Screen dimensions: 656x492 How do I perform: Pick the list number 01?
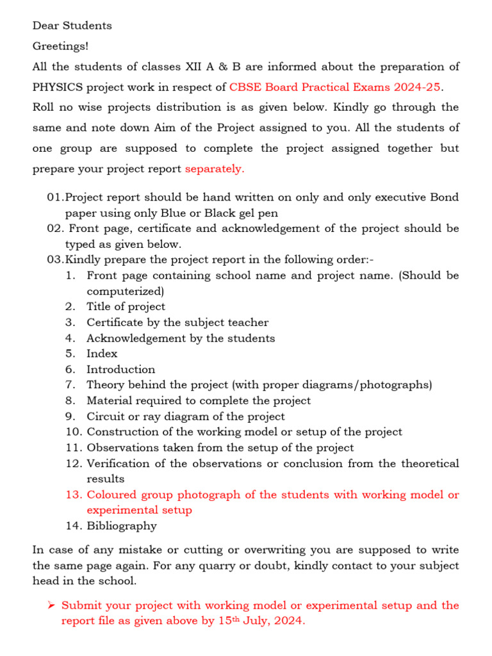tap(55, 197)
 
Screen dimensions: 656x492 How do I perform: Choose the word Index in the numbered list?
tap(102, 354)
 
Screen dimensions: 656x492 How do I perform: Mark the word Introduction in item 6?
tap(120, 370)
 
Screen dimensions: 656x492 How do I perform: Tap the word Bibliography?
tap(122, 526)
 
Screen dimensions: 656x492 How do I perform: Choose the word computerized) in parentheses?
tap(126, 291)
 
